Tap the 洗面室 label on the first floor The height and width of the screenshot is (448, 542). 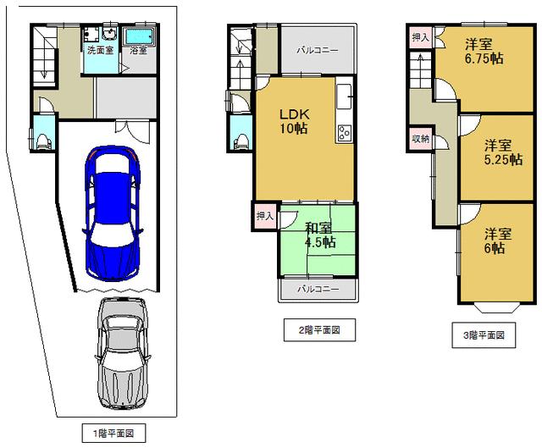(100, 50)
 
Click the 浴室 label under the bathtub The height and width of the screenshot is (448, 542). (138, 50)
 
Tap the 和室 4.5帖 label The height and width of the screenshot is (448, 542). (319, 235)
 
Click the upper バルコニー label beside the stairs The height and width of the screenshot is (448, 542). (318, 50)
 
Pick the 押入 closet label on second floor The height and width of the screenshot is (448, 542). (263, 216)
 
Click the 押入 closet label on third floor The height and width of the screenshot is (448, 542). (420, 38)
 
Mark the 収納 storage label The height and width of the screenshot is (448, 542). (420, 138)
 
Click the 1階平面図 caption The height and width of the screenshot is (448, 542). (113, 434)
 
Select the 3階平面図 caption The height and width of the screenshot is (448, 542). (483, 335)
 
